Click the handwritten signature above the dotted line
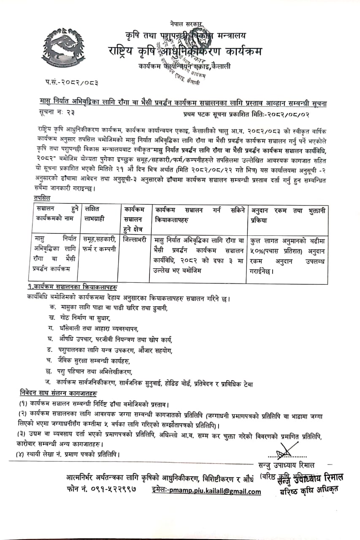[284, 451]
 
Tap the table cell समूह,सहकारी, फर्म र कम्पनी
[100, 243]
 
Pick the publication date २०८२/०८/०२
[301, 114]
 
